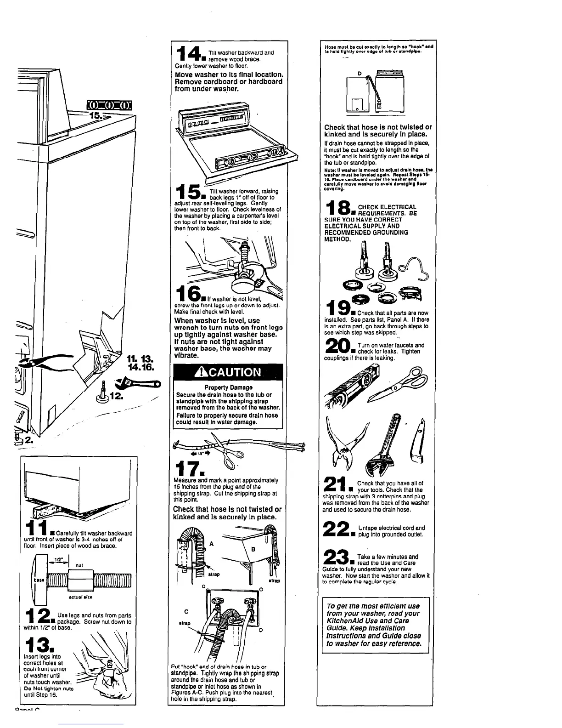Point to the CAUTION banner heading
[229, 372]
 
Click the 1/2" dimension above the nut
[58, 560]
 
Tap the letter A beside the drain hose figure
[211, 544]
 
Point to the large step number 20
[338, 348]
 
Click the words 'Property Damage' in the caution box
[228, 387]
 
